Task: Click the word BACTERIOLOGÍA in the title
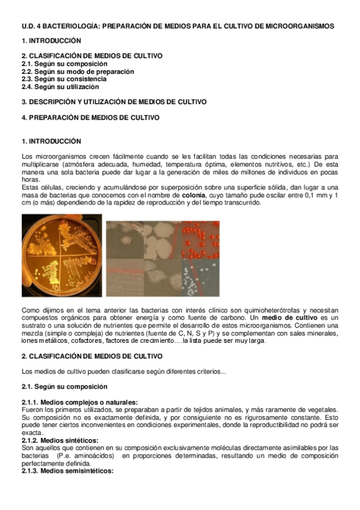click(68, 26)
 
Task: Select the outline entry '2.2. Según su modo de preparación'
click(78, 72)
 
